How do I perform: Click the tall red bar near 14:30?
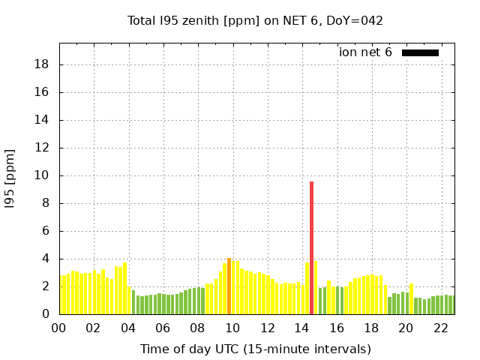pos(311,247)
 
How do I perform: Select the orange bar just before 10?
pos(229,286)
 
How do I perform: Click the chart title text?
pos(255,20)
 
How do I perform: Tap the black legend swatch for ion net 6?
pos(420,52)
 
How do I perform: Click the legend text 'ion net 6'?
pos(365,52)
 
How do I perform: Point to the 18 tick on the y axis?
pos(43,64)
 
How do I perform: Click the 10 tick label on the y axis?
pos(43,175)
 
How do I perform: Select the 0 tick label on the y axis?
pos(46,314)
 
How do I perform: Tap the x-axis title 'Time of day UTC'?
pos(255,349)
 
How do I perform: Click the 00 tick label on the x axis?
pos(58,328)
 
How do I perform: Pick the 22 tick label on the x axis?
pos(440,328)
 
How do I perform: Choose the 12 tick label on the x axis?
pos(267,328)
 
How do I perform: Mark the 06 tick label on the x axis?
pos(163,328)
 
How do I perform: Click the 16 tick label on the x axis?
pos(336,328)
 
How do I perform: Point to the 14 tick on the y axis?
pos(43,120)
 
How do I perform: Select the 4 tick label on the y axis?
pos(46,259)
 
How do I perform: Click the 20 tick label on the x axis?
pos(406,328)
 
